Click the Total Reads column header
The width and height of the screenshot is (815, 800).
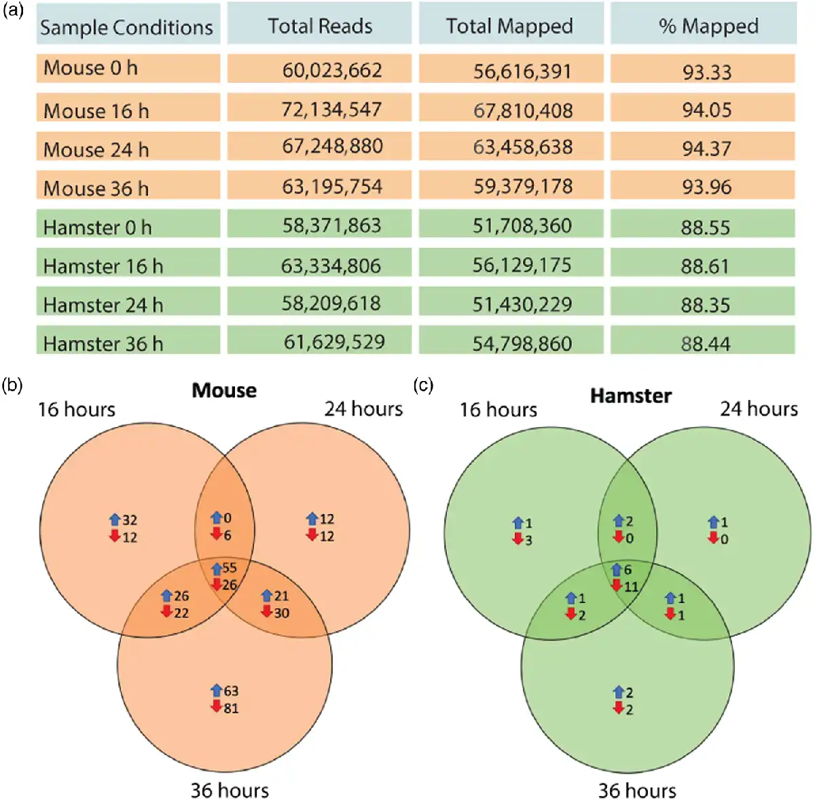[x=320, y=26]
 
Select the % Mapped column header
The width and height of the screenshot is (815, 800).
[x=708, y=26]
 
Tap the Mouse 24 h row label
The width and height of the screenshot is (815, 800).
[x=96, y=149]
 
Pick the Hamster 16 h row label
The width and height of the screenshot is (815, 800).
[x=103, y=266]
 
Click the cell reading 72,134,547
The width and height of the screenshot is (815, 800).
[x=331, y=109]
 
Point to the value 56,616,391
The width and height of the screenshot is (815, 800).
[x=522, y=71]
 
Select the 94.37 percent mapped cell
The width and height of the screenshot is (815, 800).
[x=706, y=148]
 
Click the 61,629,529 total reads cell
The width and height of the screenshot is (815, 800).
[x=334, y=342]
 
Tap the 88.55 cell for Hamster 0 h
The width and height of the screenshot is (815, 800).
[x=706, y=227]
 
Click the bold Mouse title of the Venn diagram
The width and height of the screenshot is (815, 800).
[x=224, y=390]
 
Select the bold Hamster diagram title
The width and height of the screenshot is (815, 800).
[x=631, y=396]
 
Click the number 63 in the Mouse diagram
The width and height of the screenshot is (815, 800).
[x=231, y=691]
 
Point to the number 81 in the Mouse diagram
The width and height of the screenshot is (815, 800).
[x=231, y=708]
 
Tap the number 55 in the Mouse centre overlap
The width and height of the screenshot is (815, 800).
[x=230, y=568]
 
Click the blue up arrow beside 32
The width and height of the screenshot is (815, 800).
[x=115, y=520]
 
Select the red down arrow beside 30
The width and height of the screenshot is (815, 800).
[x=267, y=613]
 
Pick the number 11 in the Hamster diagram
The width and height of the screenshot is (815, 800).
[x=631, y=587]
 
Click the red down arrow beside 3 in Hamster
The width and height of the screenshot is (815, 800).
[x=518, y=540]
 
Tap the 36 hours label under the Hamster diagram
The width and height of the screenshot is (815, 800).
[x=636, y=790]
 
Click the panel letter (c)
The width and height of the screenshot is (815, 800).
[x=422, y=386]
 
